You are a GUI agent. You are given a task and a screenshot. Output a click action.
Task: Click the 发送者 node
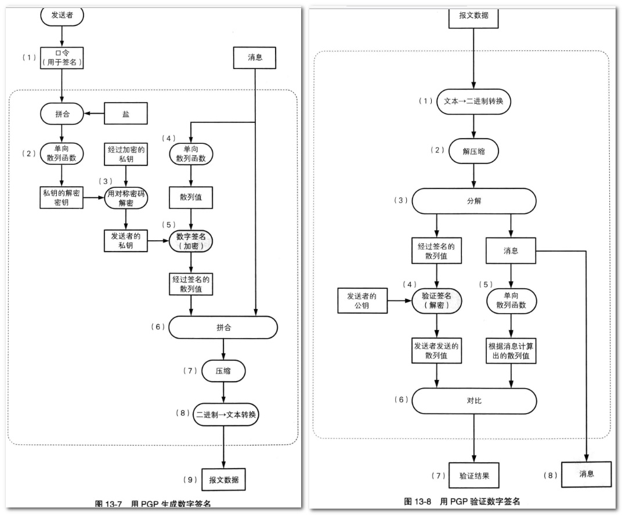tap(62, 14)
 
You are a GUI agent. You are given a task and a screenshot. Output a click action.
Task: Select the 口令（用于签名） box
tap(62, 57)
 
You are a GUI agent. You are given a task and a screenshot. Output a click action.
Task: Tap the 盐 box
tap(126, 114)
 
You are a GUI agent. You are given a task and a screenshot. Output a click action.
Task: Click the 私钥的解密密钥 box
tap(62, 198)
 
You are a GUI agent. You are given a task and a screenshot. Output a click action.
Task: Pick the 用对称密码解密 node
tap(126, 198)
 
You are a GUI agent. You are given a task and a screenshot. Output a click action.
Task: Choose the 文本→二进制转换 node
tap(473, 100)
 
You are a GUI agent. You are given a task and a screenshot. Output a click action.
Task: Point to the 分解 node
tap(473, 200)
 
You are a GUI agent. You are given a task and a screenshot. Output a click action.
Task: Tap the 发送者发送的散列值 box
tap(436, 350)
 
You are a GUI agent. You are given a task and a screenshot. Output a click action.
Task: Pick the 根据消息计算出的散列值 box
tap(511, 350)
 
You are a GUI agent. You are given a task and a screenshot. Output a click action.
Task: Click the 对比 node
tap(473, 400)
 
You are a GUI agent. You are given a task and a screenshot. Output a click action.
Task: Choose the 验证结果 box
tap(473, 476)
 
